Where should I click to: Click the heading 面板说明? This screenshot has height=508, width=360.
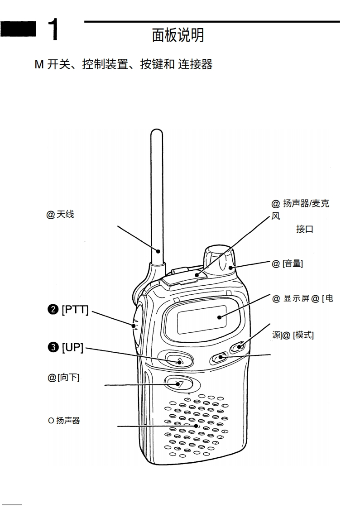tap(178, 35)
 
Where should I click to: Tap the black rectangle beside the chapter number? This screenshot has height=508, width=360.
tap(19, 30)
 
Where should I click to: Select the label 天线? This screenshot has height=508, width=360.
tap(65, 214)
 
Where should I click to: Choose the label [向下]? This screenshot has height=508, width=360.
tap(68, 378)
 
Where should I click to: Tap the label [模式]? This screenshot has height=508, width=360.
tap(303, 335)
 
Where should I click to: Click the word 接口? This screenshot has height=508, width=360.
tap(304, 229)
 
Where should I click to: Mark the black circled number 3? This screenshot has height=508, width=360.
tap(53, 347)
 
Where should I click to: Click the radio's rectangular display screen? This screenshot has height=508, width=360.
tap(202, 319)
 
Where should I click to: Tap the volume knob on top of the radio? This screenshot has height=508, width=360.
tap(219, 260)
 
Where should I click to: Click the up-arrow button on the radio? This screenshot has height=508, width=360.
tap(179, 361)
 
